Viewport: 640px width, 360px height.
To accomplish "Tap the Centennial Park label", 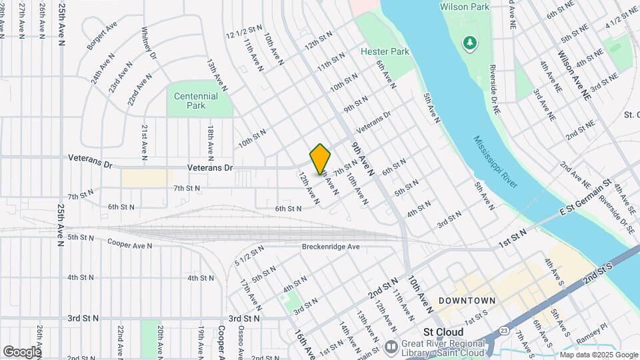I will coord(196,101).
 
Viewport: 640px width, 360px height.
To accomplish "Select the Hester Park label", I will coord(385,51).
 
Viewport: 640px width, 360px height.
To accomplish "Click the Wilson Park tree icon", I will coord(471,43).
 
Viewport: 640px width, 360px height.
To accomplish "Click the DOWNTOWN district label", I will coord(467,301).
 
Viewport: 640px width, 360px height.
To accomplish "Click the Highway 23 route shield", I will coord(504,331).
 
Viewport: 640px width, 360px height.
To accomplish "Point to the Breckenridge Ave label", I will coord(331,247).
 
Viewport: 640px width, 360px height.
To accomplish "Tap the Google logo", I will coord(22,351).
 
